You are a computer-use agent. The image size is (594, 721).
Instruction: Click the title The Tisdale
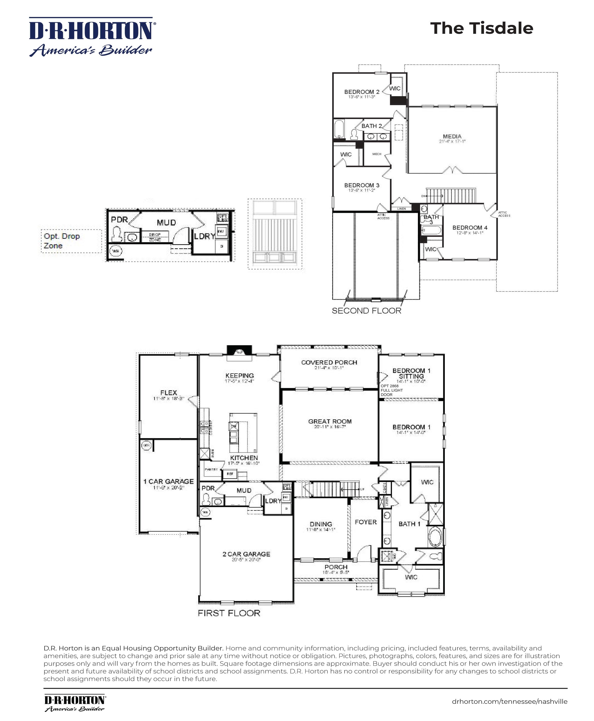481,28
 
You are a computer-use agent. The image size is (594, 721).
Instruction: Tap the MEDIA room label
452,137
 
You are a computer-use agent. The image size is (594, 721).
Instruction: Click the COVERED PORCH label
329,363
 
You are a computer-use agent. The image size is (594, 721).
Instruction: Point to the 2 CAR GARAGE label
246,554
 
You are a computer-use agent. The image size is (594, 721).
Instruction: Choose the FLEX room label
169,393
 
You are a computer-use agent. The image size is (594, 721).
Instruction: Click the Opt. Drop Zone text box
71,241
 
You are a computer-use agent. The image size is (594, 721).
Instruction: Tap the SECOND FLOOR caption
366,311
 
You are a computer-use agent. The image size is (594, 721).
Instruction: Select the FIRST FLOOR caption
229,613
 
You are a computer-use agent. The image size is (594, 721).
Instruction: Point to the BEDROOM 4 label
470,228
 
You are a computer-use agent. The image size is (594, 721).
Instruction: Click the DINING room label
321,524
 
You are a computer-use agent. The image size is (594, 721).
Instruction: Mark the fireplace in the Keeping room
239,351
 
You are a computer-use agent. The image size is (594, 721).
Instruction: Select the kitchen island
243,433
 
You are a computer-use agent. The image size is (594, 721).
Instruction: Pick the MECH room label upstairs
377,154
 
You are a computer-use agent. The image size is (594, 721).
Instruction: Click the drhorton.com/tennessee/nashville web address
509,702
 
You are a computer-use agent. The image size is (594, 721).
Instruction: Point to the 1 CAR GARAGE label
168,482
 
